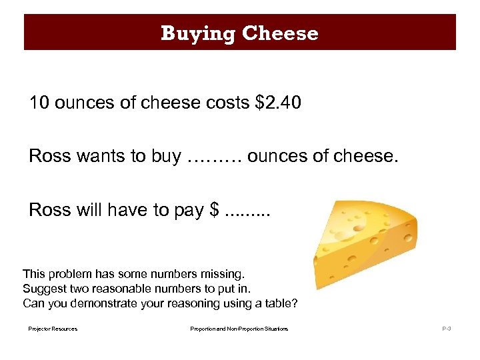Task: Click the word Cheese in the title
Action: (x=280, y=33)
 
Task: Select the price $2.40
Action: (x=278, y=103)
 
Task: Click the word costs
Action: (x=228, y=103)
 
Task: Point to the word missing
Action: (x=225, y=274)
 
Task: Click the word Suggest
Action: (x=42, y=289)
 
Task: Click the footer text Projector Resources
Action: (x=53, y=329)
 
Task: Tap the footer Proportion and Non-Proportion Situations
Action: (x=239, y=329)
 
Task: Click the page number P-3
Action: (x=446, y=329)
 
